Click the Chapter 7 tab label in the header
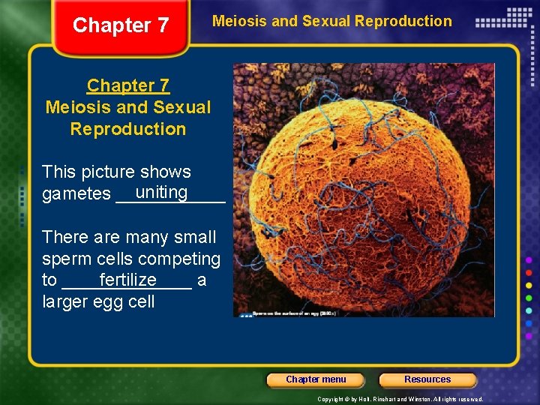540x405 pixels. coord(121,25)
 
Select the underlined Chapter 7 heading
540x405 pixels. coord(128,85)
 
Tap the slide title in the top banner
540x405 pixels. coord(332,21)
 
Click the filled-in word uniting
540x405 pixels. coord(162,192)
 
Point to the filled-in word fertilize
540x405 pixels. coord(127,280)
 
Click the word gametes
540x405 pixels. coord(76,194)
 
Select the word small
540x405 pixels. coord(193,237)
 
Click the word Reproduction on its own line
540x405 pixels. coord(128,129)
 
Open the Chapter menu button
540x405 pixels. coord(316,379)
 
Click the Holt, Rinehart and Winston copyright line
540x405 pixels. coord(400,399)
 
